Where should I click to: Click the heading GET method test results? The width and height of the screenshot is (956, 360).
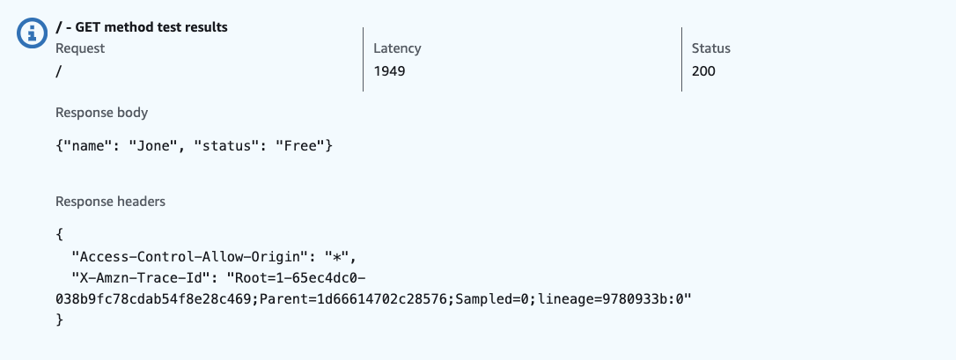click(142, 27)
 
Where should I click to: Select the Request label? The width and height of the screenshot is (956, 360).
click(80, 48)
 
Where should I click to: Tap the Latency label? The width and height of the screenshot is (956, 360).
click(397, 48)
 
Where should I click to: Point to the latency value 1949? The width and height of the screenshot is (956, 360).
click(389, 71)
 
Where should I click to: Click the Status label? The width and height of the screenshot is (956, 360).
click(711, 48)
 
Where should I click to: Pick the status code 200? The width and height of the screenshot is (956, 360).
click(703, 71)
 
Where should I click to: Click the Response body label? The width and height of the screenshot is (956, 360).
click(101, 113)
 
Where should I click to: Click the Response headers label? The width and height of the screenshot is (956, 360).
click(110, 202)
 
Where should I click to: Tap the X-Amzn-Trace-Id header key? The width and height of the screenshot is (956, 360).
click(144, 278)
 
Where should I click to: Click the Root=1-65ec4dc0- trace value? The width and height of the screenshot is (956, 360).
click(299, 278)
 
